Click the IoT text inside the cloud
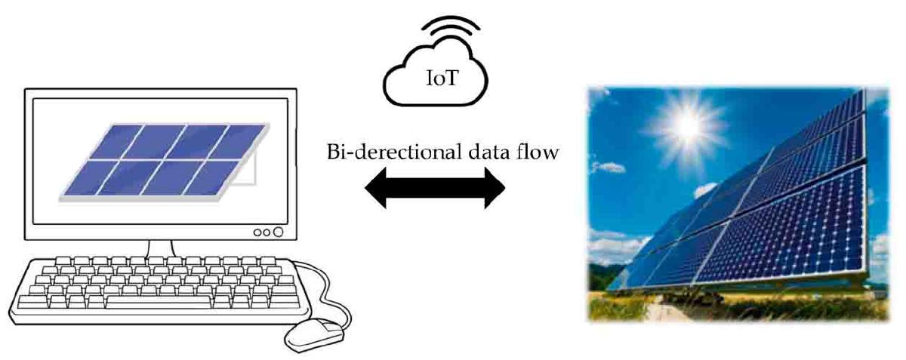tap(442, 78)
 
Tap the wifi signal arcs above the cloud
tap(451, 26)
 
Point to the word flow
tap(539, 152)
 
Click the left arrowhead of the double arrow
tap(376, 188)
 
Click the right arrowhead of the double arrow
tap(495, 188)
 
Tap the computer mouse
tap(315, 335)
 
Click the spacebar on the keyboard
tap(158, 301)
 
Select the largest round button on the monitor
tap(278, 232)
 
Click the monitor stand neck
tap(160, 249)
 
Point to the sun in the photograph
tap(688, 126)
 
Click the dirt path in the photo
tap(659, 310)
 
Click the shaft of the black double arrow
tap(435, 188)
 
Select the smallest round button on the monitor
tap(257, 232)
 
